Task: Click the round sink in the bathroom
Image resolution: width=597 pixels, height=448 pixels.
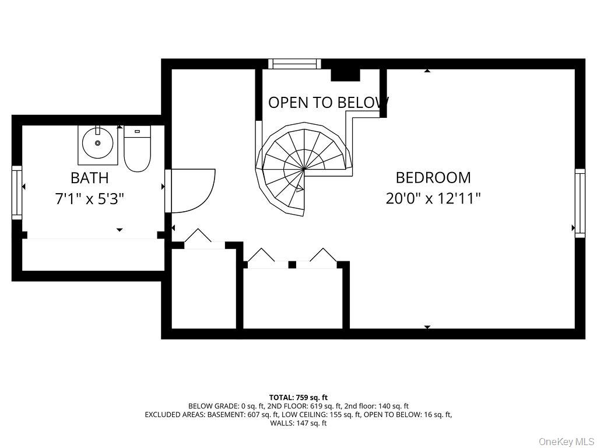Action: pyautogui.click(x=97, y=143)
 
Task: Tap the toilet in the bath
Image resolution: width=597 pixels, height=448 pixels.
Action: pyautogui.click(x=138, y=150)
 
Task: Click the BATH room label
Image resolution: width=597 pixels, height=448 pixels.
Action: pyautogui.click(x=89, y=177)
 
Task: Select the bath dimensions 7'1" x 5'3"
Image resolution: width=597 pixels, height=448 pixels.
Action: pyautogui.click(x=89, y=199)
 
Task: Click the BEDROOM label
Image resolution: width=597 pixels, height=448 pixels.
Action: pyautogui.click(x=433, y=177)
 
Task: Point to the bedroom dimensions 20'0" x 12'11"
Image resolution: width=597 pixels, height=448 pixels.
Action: pyautogui.click(x=433, y=199)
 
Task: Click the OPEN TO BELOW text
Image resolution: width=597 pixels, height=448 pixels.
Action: pyautogui.click(x=328, y=103)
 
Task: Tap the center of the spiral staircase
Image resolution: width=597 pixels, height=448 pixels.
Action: pyautogui.click(x=304, y=169)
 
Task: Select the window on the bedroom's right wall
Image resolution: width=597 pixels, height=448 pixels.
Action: pyautogui.click(x=580, y=203)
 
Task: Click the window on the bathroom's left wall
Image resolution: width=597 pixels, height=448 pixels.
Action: pyautogui.click(x=17, y=192)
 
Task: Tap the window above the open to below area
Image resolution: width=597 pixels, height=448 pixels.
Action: pyautogui.click(x=294, y=64)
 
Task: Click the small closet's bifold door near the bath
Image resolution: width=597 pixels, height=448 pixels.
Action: pyautogui.click(x=198, y=237)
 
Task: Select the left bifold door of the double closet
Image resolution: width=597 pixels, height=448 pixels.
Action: pyautogui.click(x=262, y=256)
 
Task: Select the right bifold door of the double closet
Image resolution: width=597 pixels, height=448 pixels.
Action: pyautogui.click(x=323, y=256)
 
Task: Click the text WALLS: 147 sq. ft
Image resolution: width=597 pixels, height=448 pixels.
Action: pyautogui.click(x=298, y=423)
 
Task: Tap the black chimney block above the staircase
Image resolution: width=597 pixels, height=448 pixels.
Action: pyautogui.click(x=345, y=75)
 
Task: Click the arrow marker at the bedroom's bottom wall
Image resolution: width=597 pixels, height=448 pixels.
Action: pyautogui.click(x=427, y=327)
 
